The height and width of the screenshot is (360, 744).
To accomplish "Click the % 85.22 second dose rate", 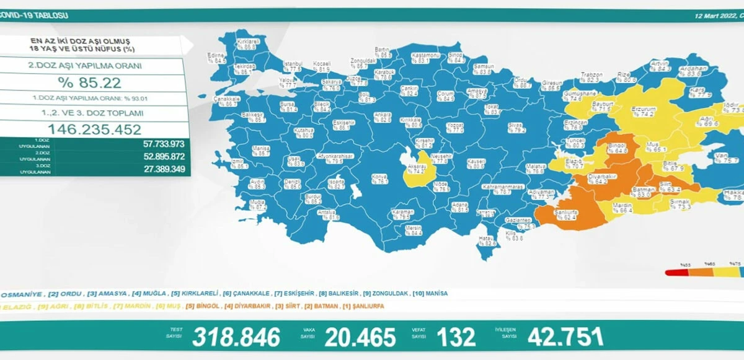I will [x=90, y=82].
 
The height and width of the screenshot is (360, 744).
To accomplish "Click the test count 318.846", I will [x=236, y=337].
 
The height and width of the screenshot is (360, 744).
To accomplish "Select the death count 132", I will [x=456, y=337].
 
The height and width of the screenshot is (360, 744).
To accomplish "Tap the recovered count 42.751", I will [x=565, y=337].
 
